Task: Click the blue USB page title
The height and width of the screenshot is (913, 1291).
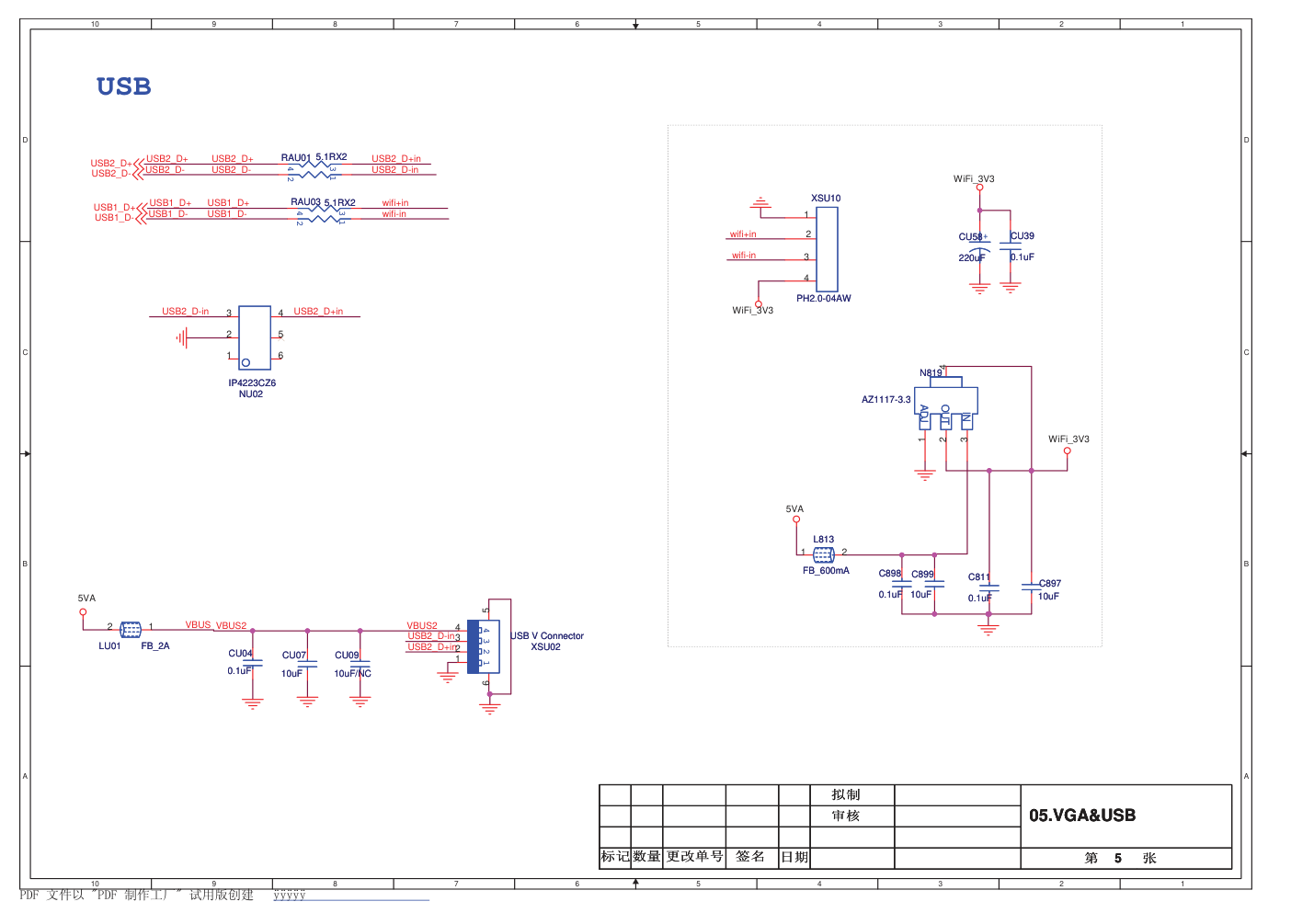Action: (x=123, y=86)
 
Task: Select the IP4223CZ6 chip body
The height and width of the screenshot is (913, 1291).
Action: (x=255, y=337)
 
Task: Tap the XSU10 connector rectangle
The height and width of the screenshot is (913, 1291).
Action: (x=827, y=249)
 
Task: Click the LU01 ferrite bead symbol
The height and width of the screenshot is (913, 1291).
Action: (x=131, y=630)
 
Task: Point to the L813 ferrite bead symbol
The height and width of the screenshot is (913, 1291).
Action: (x=824, y=554)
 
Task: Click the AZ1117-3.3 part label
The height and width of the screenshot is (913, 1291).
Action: (x=885, y=400)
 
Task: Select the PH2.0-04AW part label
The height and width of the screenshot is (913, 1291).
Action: (x=823, y=299)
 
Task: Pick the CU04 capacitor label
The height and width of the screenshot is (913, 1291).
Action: (x=240, y=654)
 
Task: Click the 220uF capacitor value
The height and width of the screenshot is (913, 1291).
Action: (x=971, y=258)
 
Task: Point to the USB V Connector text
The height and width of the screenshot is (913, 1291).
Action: (x=547, y=636)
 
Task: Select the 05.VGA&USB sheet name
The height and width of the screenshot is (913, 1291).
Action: (x=1082, y=816)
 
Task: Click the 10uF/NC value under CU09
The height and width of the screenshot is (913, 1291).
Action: (x=352, y=674)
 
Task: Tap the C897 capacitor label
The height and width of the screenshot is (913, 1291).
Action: (x=1050, y=584)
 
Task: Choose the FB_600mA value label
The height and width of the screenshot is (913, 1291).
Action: (x=826, y=571)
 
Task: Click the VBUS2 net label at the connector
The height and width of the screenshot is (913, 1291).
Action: (x=422, y=626)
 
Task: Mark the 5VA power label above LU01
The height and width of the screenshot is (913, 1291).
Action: (x=86, y=599)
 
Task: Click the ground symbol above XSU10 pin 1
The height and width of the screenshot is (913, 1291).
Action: (x=760, y=201)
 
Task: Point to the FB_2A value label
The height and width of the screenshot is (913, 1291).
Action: (x=155, y=646)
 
